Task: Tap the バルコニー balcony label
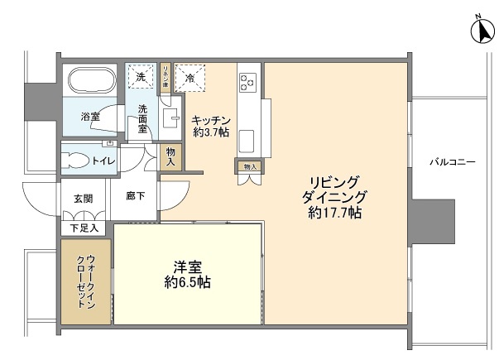(x=452, y=162)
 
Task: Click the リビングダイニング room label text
(x=335, y=190)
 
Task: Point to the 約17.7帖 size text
(x=335, y=214)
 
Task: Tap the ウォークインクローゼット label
(x=85, y=281)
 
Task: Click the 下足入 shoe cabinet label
(x=84, y=227)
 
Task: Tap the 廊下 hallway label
(x=137, y=197)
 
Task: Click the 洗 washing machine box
(x=140, y=76)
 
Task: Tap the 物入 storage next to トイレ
(x=171, y=156)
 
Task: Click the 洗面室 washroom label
(x=143, y=118)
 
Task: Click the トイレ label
(x=103, y=161)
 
